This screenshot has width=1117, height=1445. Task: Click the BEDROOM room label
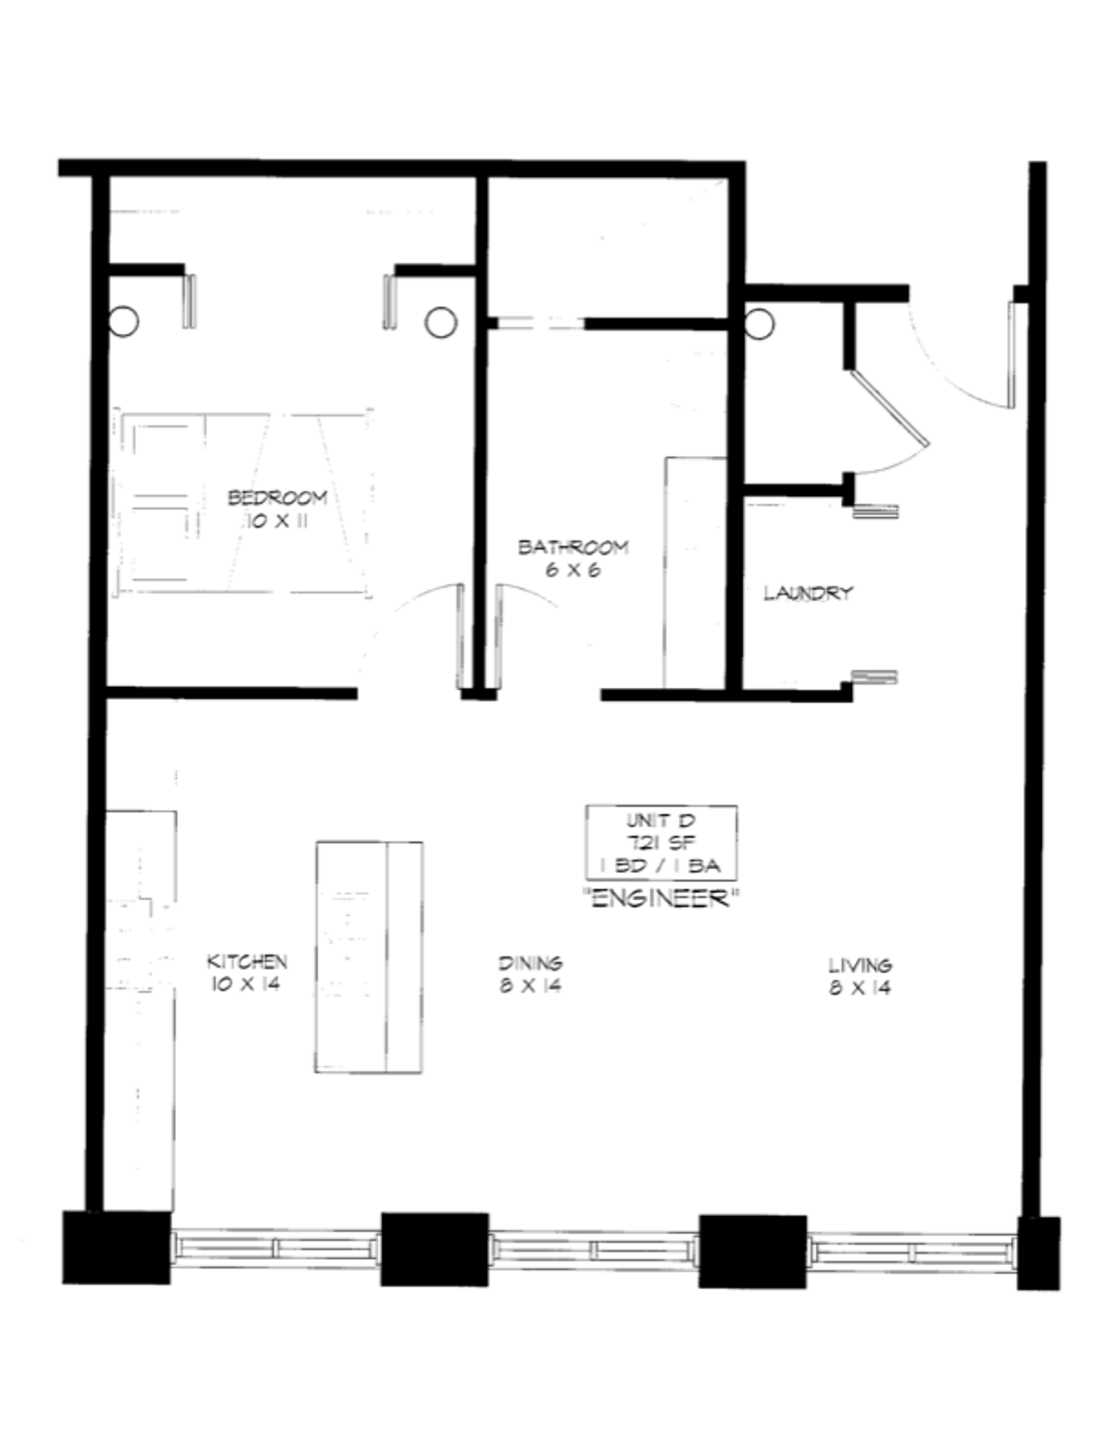pyautogui.click(x=277, y=497)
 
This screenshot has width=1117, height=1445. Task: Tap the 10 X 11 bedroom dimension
pyautogui.click(x=277, y=521)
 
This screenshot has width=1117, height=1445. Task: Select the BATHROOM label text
pyautogui.click(x=573, y=547)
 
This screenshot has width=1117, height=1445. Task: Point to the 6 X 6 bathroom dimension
pyautogui.click(x=573, y=570)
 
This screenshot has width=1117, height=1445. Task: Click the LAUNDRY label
pyautogui.click(x=808, y=593)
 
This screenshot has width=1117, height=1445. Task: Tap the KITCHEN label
pyautogui.click(x=247, y=961)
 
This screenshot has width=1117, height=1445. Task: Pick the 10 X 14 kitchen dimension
pyautogui.click(x=245, y=984)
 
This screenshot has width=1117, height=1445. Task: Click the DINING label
pyautogui.click(x=531, y=963)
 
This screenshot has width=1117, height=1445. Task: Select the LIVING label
pyautogui.click(x=860, y=965)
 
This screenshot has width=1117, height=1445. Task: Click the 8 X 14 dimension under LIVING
pyautogui.click(x=860, y=987)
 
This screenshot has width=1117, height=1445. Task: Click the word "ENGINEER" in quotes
pyautogui.click(x=662, y=898)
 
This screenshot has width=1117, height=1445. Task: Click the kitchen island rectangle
pyautogui.click(x=369, y=957)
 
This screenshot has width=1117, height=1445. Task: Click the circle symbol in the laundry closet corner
pyautogui.click(x=759, y=324)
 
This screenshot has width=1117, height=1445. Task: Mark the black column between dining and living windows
pyautogui.click(x=753, y=1251)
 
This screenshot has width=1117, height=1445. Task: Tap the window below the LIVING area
pyautogui.click(x=912, y=1253)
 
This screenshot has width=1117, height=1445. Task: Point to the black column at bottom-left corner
pyautogui.click(x=116, y=1247)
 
